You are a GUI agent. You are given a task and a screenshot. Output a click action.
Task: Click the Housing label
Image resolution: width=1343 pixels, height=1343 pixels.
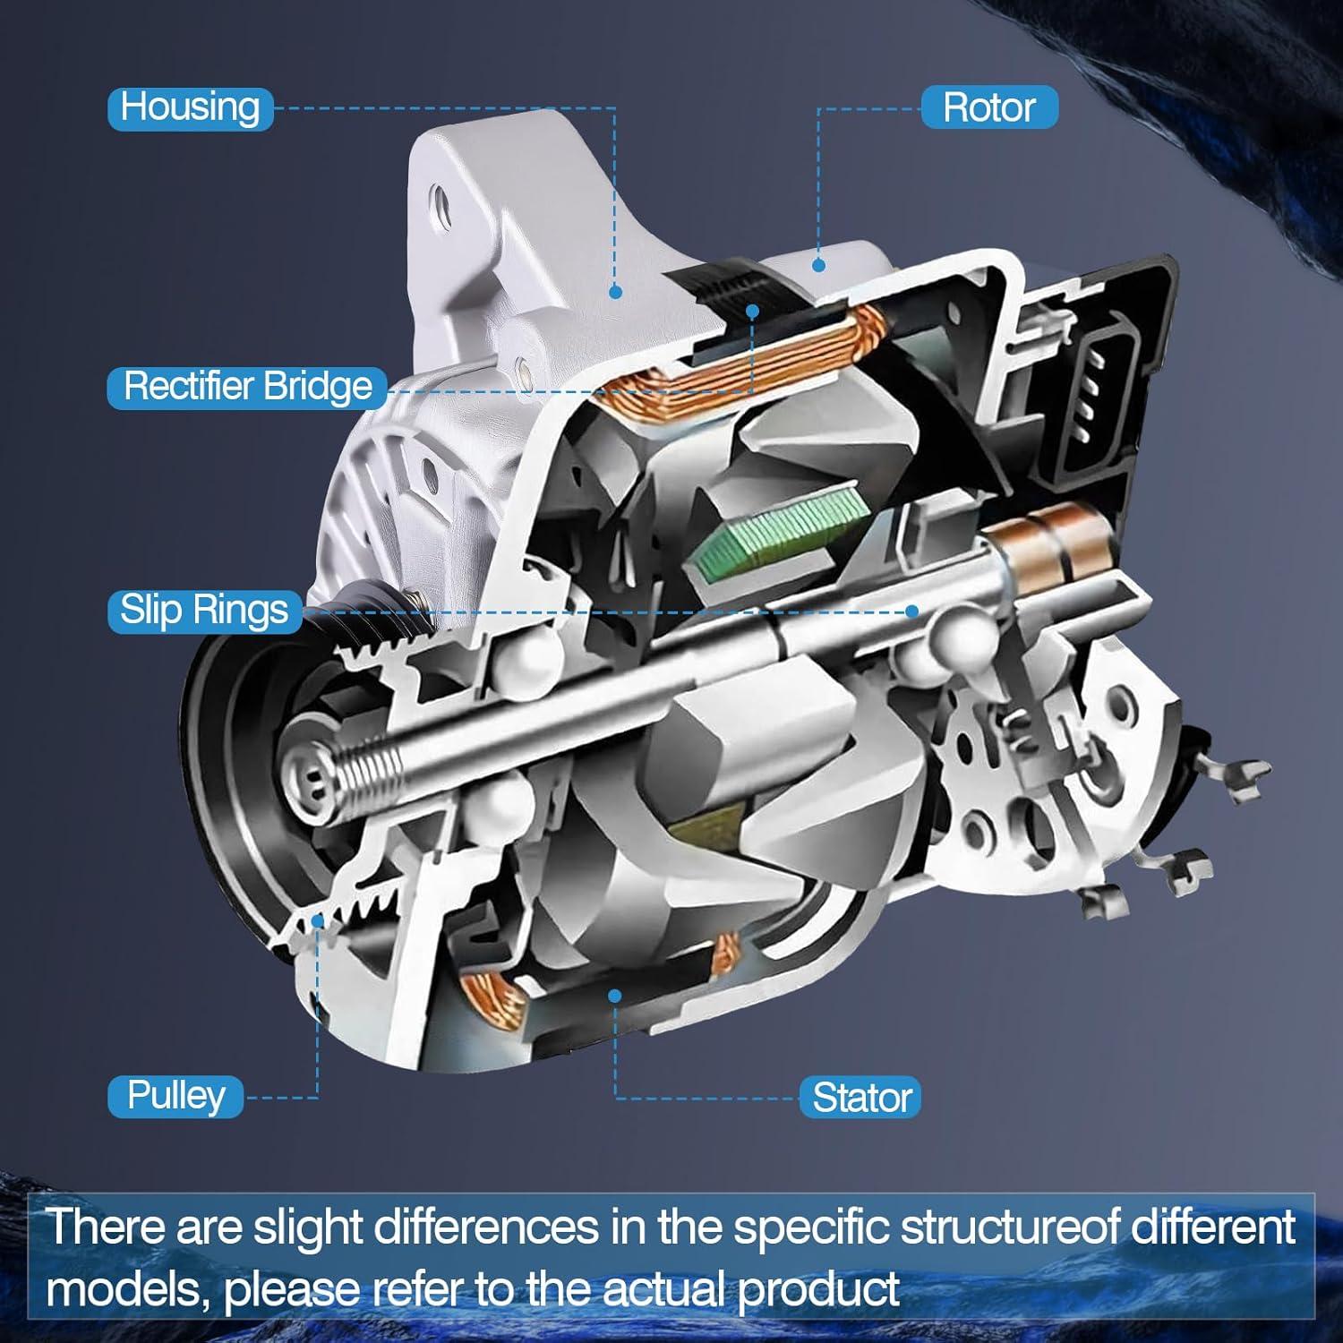click(190, 107)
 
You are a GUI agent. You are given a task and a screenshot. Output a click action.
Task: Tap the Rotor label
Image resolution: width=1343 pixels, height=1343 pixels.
click(988, 107)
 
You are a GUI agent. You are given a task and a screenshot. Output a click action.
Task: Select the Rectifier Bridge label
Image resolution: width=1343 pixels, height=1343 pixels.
click(247, 387)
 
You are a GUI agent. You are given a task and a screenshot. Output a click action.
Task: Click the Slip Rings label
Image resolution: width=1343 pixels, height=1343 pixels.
click(204, 611)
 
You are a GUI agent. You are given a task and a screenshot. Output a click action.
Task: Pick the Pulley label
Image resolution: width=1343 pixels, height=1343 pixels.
click(175, 1096)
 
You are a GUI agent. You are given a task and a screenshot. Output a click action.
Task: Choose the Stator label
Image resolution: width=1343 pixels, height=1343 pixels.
click(861, 1098)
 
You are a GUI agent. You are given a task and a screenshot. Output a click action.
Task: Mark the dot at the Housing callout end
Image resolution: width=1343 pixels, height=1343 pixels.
click(615, 292)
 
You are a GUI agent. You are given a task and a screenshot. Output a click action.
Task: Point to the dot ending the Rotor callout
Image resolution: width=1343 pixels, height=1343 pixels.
click(817, 265)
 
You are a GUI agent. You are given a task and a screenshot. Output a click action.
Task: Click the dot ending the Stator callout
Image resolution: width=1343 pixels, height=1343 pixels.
click(614, 996)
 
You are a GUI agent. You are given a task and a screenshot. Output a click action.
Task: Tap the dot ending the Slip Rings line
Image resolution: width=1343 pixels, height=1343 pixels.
click(911, 612)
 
